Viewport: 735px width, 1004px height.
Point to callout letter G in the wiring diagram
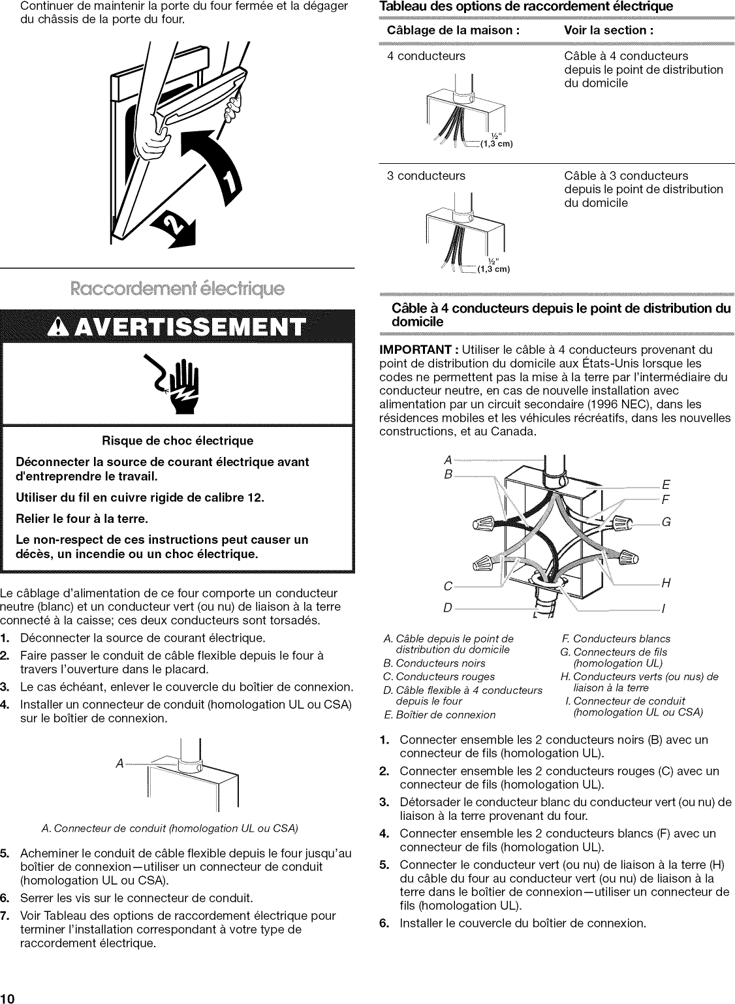point(666,522)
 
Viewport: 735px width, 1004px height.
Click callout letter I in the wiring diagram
point(663,608)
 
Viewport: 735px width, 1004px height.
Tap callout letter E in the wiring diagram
point(666,485)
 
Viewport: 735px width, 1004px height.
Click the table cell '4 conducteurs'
point(426,56)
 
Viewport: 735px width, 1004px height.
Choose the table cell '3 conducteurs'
point(426,176)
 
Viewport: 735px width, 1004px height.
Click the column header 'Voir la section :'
point(608,31)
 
